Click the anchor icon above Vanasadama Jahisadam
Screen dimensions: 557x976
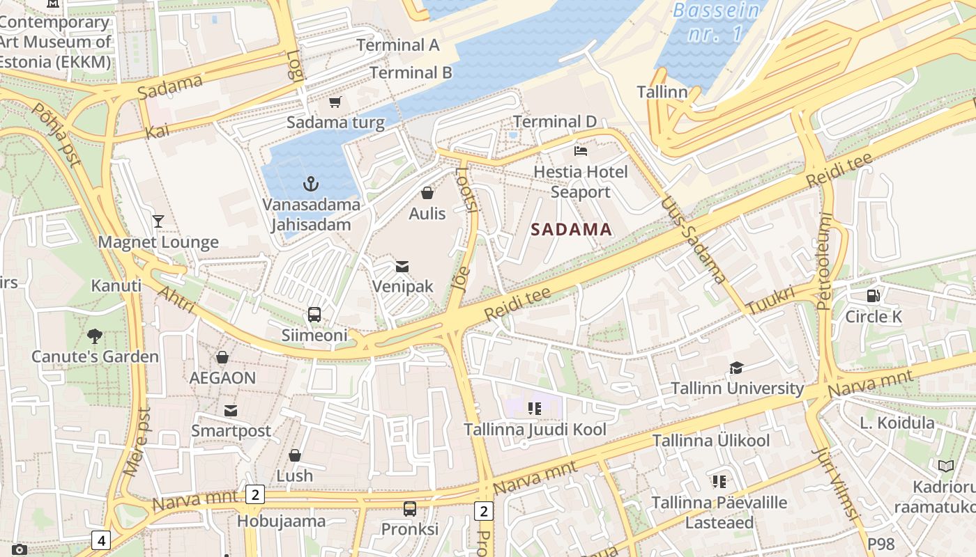coord(311,184)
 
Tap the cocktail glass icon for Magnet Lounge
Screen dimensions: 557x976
coord(158,221)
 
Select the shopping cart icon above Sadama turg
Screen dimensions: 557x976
coord(335,102)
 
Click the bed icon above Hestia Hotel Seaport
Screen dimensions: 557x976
coord(580,150)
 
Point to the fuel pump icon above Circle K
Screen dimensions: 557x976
coord(873,296)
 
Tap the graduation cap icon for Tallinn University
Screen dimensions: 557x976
coord(736,368)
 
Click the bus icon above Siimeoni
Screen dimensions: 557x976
coord(314,315)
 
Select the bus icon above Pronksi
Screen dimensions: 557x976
coord(410,509)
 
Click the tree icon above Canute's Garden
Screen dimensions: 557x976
coord(95,336)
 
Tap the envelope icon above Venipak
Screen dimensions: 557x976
coord(402,266)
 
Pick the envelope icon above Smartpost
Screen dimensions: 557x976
coord(231,410)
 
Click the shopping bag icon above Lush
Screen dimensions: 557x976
coord(295,455)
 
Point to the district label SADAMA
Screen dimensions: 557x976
coord(572,229)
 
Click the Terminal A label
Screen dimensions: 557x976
coord(398,45)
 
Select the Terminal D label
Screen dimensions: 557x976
coord(555,122)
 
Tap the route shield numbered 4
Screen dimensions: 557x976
coord(101,540)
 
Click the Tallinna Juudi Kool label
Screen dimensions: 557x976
coord(535,430)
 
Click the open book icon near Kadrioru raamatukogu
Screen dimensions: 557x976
coord(946,466)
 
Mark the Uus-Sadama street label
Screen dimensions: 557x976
coord(694,240)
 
